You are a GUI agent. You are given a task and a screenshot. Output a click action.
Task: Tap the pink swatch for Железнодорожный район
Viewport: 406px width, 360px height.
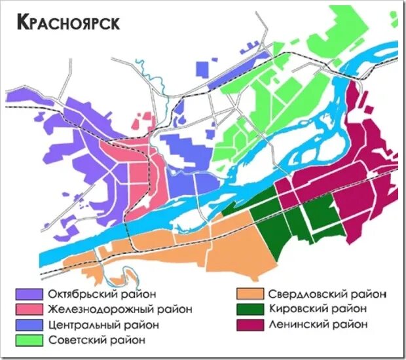tap(28, 309)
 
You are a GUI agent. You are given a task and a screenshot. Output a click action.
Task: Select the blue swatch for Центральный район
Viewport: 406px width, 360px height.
tap(28, 325)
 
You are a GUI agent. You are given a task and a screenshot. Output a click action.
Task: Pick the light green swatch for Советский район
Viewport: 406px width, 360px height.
tap(28, 340)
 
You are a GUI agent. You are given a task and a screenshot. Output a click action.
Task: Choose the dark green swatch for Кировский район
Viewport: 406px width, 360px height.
tap(248, 309)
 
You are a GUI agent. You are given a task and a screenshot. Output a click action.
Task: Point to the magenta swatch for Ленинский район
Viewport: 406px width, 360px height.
tap(248, 325)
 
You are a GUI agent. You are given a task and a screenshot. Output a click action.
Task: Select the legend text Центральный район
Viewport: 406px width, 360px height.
tap(103, 325)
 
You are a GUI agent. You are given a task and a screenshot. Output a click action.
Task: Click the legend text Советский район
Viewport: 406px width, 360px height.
tap(96, 340)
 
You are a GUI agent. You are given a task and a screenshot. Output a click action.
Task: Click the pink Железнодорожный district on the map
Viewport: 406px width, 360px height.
tap(134, 177)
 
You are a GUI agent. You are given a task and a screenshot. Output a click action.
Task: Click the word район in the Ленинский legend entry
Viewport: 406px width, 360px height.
tap(350, 325)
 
